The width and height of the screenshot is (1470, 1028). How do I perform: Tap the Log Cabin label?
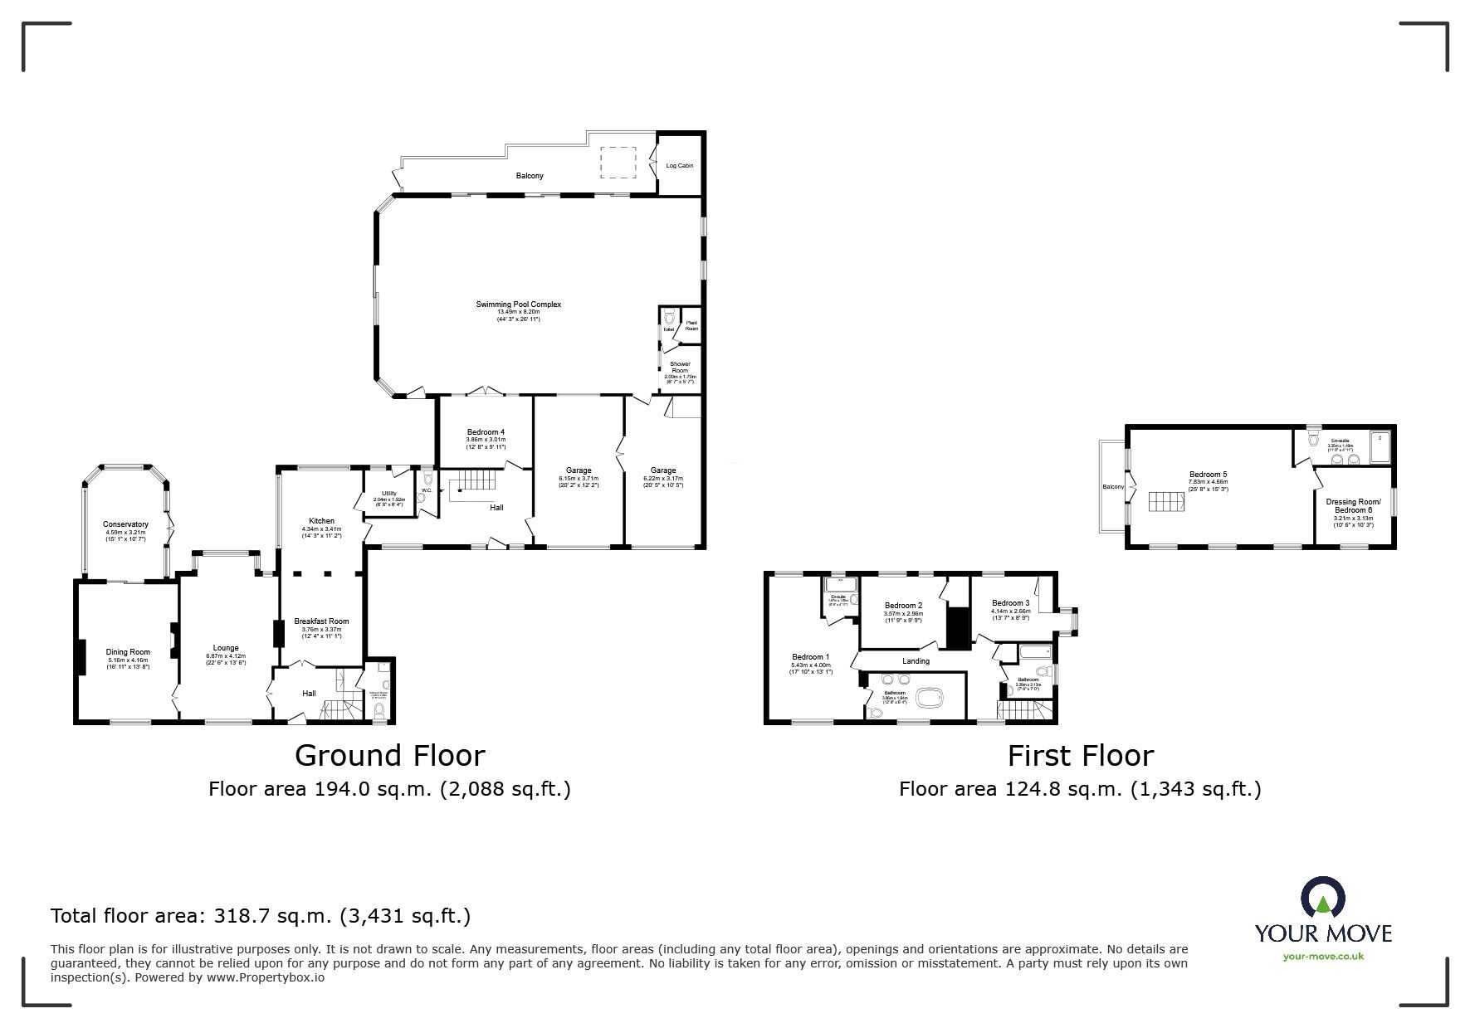pyautogui.click(x=679, y=166)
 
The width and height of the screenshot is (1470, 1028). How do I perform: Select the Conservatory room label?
pyautogui.click(x=125, y=524)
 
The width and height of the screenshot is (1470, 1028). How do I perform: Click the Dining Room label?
pyautogui.click(x=128, y=652)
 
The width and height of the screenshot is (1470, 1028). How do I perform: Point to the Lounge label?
pyautogui.click(x=226, y=648)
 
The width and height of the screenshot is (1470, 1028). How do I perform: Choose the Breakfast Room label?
pyautogui.click(x=321, y=621)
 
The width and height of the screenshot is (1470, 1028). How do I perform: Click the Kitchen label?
pyautogui.click(x=321, y=521)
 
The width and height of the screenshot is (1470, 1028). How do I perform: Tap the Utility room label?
pyautogui.click(x=388, y=494)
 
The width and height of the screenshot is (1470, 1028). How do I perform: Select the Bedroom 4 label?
pyautogui.click(x=486, y=432)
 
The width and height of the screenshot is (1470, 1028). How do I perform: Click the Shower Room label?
pyautogui.click(x=680, y=367)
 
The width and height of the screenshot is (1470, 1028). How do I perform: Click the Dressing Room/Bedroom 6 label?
pyautogui.click(x=1354, y=505)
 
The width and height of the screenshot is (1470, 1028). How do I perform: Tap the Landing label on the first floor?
pyautogui.click(x=916, y=661)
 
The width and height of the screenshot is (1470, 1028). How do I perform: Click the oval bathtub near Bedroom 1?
pyautogui.click(x=930, y=698)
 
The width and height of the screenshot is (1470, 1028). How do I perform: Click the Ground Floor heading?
pyautogui.click(x=389, y=756)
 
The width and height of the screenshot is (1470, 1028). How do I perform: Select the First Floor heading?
pyautogui.click(x=1080, y=756)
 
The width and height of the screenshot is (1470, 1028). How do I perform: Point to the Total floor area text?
pyautogui.click(x=261, y=916)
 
